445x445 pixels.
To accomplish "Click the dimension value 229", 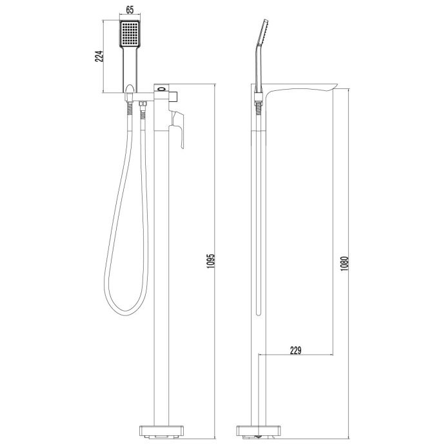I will click(x=296, y=350).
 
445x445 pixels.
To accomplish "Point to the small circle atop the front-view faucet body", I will click(x=163, y=88).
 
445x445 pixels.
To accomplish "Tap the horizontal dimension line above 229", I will click(x=296, y=355).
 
